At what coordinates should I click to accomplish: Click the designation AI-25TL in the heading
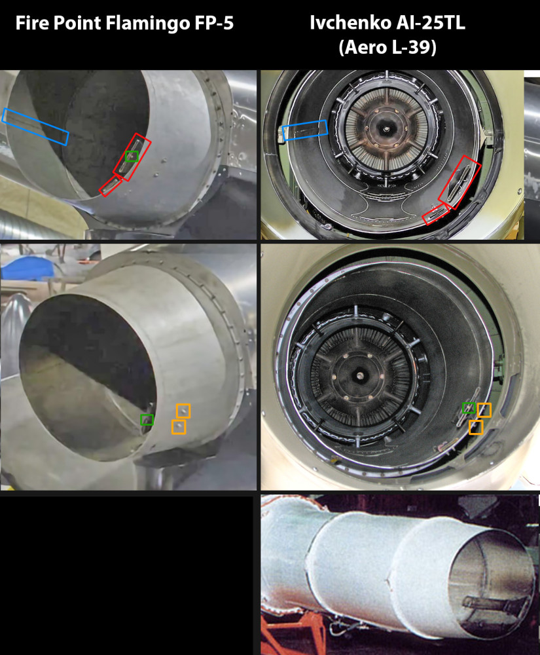[430, 22]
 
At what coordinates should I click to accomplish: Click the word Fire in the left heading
[32, 23]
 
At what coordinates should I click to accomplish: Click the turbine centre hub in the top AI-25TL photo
[386, 129]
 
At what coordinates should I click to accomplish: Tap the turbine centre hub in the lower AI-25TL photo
[359, 375]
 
